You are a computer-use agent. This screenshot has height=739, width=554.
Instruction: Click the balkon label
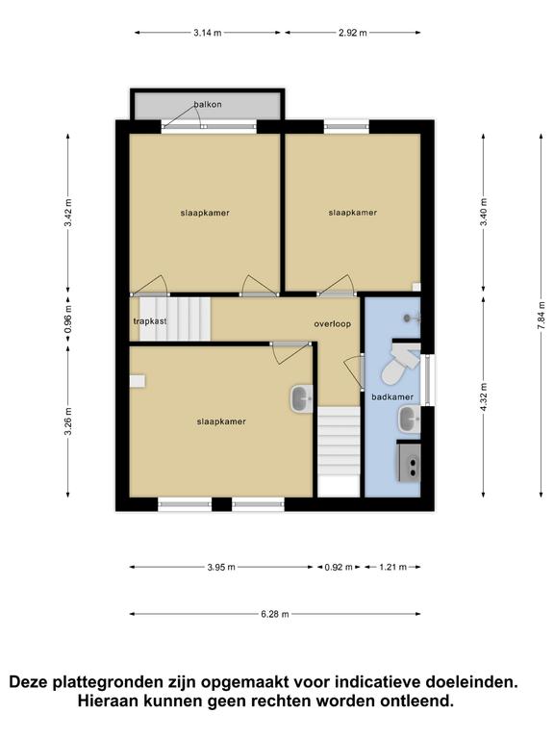[208, 104]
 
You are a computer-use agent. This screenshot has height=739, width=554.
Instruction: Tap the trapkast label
[150, 321]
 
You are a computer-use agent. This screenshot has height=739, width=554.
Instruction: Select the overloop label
[333, 324]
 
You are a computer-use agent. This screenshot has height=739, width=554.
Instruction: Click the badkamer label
[392, 396]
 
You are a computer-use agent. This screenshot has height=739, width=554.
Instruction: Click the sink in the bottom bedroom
[301, 399]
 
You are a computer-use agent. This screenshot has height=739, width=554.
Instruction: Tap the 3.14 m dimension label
[208, 33]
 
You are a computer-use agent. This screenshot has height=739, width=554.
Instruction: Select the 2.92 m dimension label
[353, 33]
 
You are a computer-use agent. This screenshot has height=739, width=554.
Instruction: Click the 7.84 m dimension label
[541, 315]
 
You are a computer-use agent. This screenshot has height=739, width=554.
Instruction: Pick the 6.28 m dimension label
[275, 614]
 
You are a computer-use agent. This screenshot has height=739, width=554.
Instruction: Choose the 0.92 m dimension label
[339, 567]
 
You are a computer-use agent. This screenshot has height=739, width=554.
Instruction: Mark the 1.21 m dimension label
[392, 567]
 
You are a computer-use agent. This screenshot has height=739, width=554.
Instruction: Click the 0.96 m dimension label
[68, 319]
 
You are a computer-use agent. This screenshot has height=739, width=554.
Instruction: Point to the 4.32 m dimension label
[484, 396]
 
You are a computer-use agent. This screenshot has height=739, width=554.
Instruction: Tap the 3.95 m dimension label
[221, 567]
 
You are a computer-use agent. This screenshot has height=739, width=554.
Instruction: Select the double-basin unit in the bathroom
[409, 462]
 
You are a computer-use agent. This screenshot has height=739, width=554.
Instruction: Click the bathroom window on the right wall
[428, 380]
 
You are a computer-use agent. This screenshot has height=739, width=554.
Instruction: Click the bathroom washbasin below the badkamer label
[410, 420]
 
